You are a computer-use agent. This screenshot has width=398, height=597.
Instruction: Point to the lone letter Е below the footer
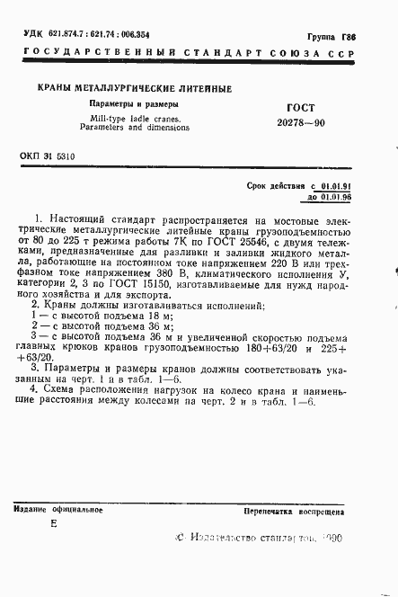tap(53, 524)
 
